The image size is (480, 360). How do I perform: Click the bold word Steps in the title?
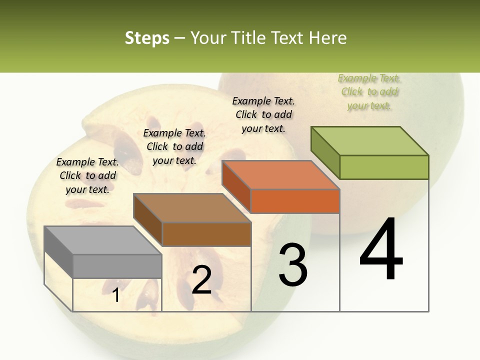click(147, 38)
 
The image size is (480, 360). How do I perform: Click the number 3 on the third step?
click(292, 264)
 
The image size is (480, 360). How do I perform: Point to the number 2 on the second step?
click(201, 280)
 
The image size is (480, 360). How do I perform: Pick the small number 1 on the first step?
click(116, 295)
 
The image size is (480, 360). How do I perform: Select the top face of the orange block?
click(280, 175)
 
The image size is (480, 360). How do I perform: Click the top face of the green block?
click(369, 141)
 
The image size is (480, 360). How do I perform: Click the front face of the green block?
click(384, 167)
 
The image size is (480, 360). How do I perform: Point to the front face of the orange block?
click(295, 201)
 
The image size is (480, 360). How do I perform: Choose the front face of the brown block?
click(206, 234)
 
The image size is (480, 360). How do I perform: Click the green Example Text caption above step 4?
click(369, 92)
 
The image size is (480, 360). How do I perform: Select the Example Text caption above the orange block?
click(263, 114)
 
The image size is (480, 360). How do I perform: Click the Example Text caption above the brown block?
click(174, 146)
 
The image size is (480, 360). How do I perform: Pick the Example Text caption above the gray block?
click(87, 175)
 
